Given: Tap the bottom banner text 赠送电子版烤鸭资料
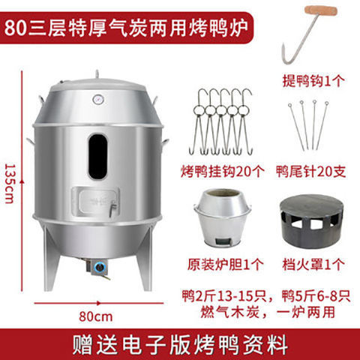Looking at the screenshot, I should tap(180, 345).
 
